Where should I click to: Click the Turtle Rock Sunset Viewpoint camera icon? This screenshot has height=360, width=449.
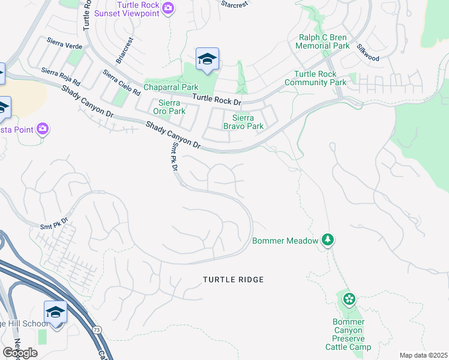pyautogui.click(x=169, y=8)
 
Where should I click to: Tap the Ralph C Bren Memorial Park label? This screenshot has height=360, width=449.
pyautogui.click(x=324, y=41)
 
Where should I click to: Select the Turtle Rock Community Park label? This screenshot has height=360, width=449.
pyautogui.click(x=320, y=78)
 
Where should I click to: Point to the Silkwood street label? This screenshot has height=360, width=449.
pyautogui.click(x=367, y=53)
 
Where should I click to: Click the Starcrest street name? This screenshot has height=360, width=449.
pyautogui.click(x=235, y=3)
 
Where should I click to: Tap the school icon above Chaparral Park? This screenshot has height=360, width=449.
pyautogui.click(x=207, y=59)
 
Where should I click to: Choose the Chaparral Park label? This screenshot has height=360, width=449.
pyautogui.click(x=172, y=88)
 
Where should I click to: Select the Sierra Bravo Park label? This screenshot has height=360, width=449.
pyautogui.click(x=243, y=122)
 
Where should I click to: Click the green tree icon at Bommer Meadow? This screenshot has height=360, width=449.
pyautogui.click(x=328, y=240)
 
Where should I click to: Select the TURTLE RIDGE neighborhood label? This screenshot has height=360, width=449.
pyautogui.click(x=233, y=280)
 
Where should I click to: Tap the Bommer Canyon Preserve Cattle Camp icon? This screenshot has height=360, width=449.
pyautogui.click(x=349, y=299)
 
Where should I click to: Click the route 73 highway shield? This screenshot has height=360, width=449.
pyautogui.click(x=97, y=330)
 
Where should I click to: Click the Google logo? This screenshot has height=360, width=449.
pyautogui.click(x=20, y=353)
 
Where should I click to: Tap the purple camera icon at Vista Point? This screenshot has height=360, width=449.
pyautogui.click(x=43, y=129)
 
